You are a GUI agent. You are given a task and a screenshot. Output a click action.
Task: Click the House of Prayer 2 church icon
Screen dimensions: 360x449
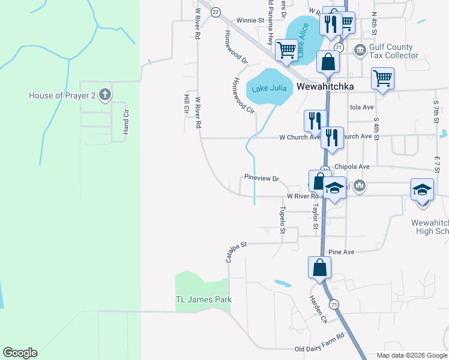click(x=105, y=94)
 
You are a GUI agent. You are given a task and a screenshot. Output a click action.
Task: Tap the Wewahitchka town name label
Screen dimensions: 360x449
click(x=325, y=87)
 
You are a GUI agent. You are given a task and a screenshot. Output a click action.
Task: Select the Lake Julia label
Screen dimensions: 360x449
click(x=268, y=89)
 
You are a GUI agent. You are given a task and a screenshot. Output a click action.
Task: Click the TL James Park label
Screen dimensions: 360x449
click(x=203, y=299)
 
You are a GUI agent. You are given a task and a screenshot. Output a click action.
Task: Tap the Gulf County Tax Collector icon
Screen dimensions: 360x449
click(x=360, y=50)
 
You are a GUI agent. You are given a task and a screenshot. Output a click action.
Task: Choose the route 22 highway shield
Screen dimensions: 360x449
click(x=216, y=12)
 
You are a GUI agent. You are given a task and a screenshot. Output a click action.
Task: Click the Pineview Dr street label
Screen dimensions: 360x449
click(x=262, y=178)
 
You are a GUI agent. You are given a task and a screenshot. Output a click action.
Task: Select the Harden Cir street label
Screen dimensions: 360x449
click(x=318, y=310)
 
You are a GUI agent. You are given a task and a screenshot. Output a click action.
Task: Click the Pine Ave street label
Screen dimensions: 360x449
click(x=342, y=252)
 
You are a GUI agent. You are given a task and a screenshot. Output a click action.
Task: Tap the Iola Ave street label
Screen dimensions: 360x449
click(x=361, y=108)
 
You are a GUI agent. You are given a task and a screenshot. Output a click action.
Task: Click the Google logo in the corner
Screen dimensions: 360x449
click(x=20, y=353)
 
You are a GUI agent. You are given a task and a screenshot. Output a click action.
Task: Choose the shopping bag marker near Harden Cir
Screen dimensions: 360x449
click(x=319, y=268)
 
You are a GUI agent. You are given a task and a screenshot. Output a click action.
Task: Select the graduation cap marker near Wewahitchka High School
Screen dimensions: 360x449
click(x=422, y=190)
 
